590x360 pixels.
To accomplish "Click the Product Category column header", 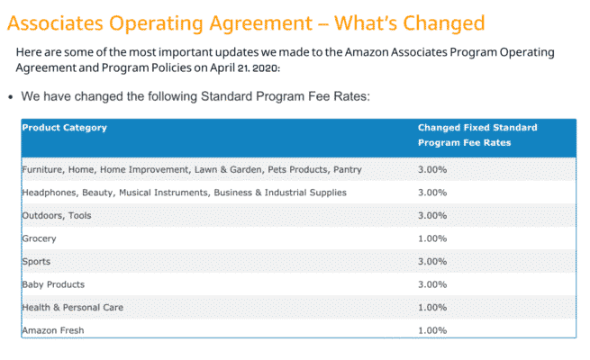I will click(64, 128).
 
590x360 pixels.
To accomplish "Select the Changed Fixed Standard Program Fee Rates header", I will click(477, 135).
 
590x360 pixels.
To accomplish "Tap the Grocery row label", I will click(39, 238).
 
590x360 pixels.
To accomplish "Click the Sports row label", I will click(36, 262).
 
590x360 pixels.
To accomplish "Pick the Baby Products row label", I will click(52, 284).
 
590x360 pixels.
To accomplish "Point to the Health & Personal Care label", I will click(72, 308).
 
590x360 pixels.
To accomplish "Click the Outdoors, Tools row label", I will click(56, 215).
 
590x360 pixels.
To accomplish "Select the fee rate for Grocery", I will click(432, 238).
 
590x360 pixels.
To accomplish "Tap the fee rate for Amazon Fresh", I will click(432, 331).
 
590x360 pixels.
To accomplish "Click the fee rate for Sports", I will click(432, 262).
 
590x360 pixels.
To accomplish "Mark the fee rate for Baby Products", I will click(432, 284).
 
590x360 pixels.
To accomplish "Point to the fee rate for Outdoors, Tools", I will click(432, 215).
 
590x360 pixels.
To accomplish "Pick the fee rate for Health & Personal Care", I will click(432, 308).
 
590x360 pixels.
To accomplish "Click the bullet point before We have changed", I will click(10, 96).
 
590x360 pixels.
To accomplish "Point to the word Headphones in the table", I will click(50, 192).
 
